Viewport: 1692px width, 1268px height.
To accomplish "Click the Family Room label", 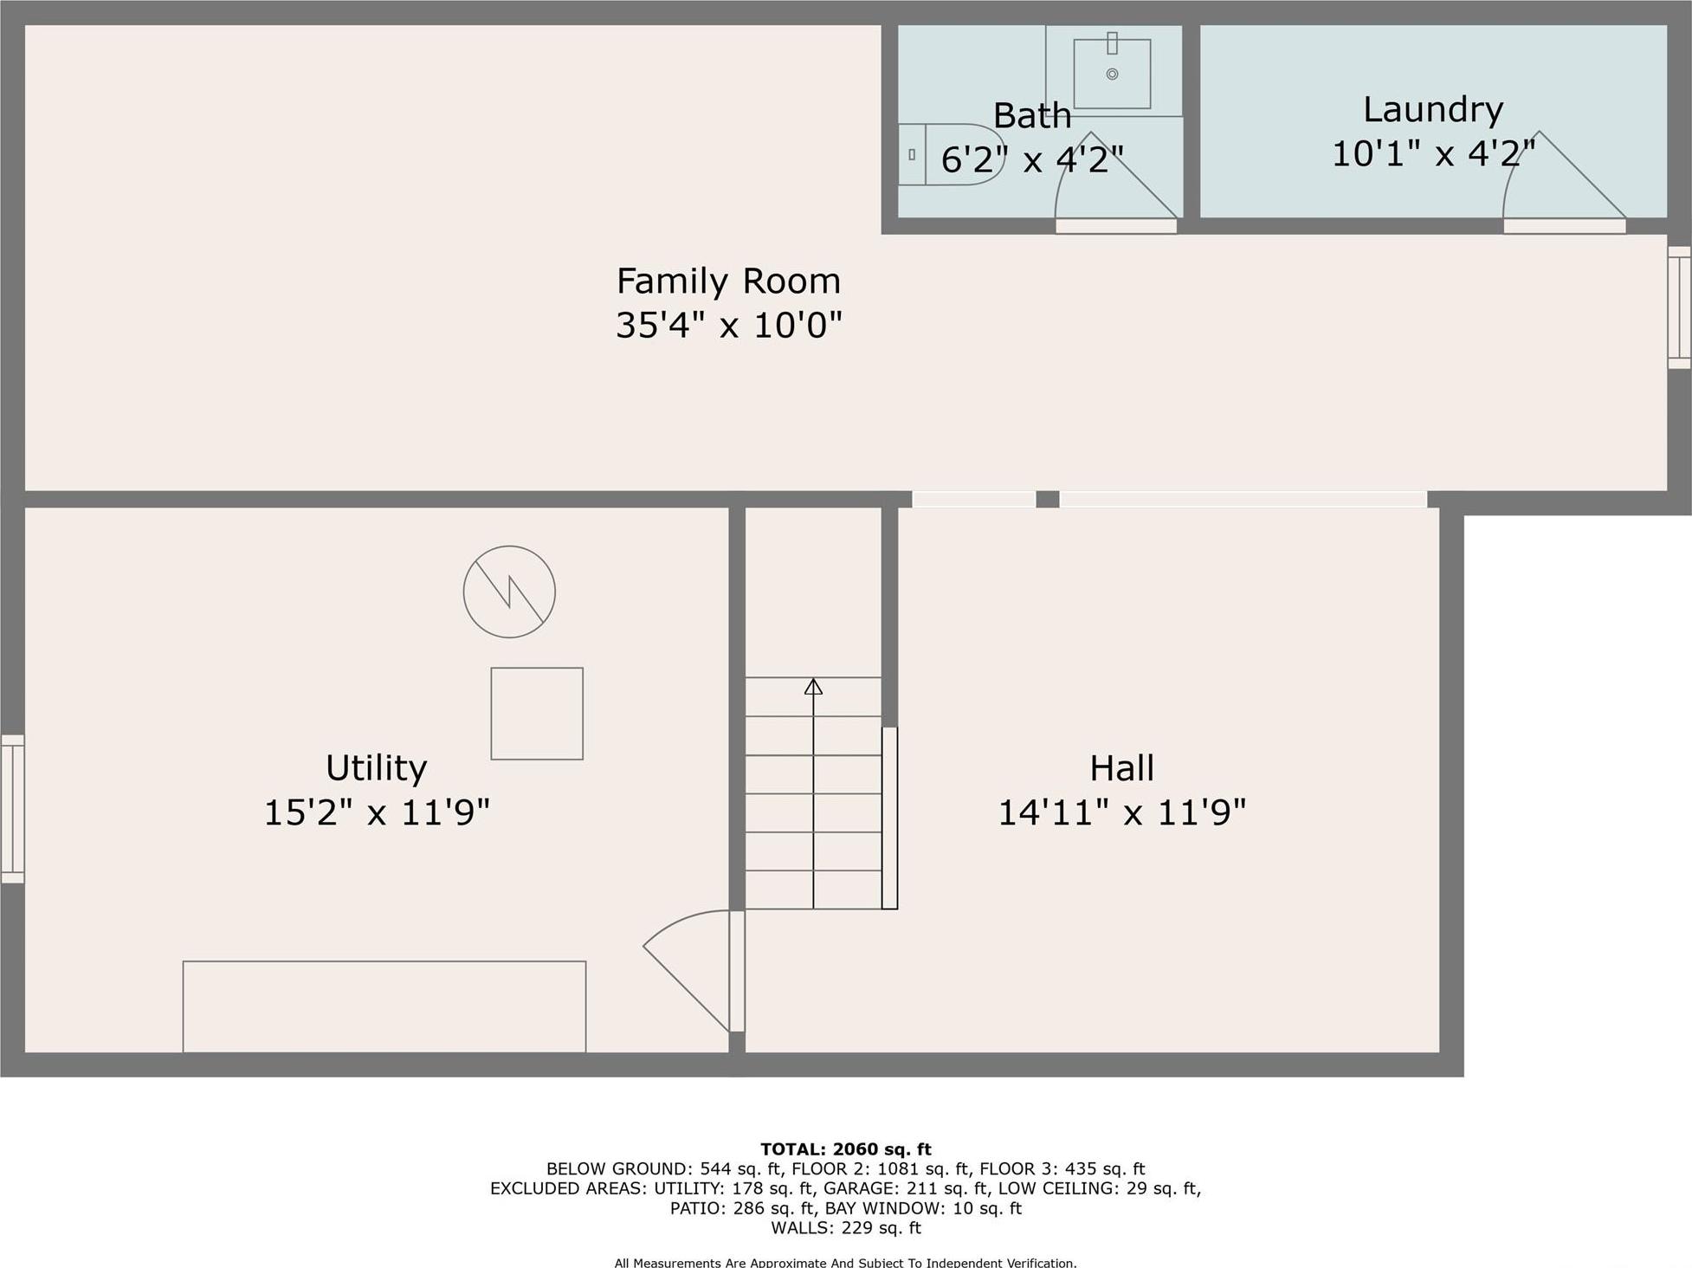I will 728,281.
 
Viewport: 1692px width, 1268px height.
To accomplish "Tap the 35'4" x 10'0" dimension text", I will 728,326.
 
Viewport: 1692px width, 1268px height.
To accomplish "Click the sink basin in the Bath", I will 1112,74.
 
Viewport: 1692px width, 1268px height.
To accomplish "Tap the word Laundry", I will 1432,110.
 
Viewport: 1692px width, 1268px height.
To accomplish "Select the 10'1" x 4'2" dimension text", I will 1432,154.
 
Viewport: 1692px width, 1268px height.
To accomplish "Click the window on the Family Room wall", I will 1679,307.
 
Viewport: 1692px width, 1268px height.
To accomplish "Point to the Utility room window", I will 12,809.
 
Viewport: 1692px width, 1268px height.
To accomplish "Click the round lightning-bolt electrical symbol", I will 509,592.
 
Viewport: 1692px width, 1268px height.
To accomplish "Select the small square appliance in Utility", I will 537,714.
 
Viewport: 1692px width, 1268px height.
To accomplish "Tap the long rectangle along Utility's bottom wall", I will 384,1006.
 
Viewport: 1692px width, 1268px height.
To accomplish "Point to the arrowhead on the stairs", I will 813,687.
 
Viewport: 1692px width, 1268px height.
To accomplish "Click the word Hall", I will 1121,768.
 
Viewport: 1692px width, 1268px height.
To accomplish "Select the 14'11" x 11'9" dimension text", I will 1121,812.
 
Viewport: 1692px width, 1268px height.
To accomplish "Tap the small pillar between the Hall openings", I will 1047,499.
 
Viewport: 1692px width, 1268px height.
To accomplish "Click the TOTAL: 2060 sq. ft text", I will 845,1149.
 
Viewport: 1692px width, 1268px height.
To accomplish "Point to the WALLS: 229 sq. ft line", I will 845,1227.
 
